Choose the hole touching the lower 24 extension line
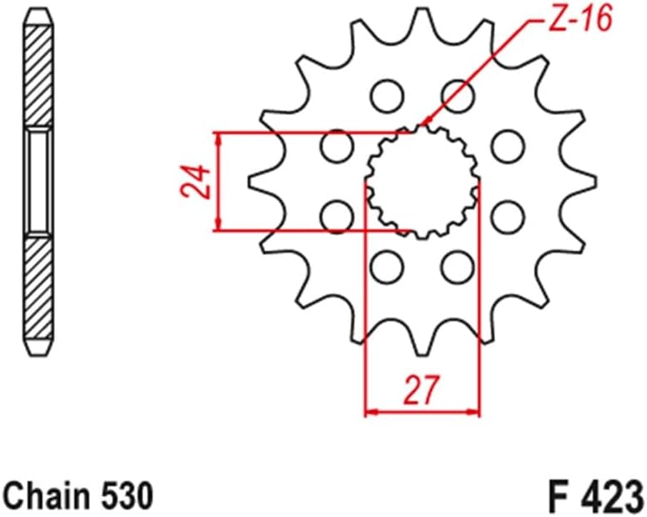337,217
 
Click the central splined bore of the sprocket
422,179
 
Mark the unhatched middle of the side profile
40,180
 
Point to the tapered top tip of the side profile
40,18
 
